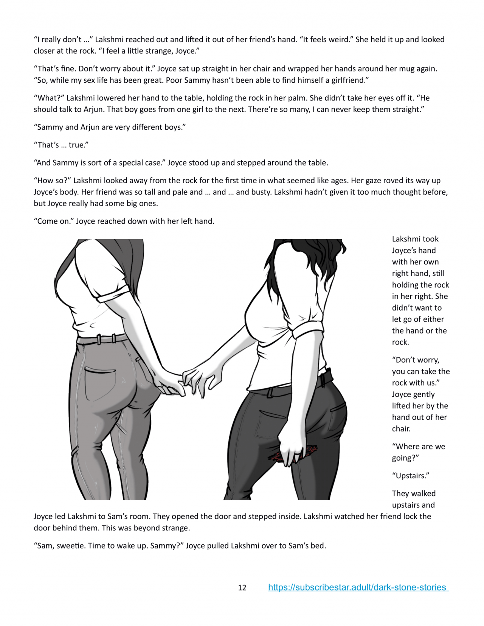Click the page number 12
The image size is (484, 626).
coord(242,587)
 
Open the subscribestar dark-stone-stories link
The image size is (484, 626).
coord(358,587)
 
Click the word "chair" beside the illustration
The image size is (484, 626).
coord(400,429)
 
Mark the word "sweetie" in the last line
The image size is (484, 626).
coord(71,546)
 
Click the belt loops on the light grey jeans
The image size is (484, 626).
coord(106,339)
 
